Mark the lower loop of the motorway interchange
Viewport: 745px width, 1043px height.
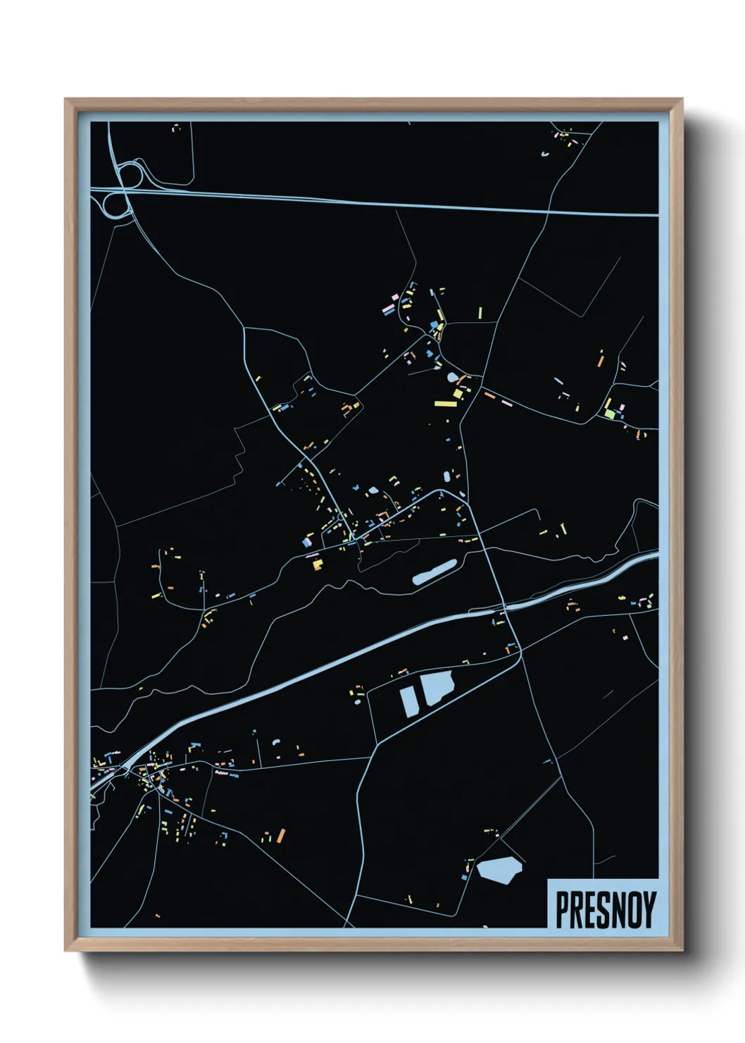click(113, 204)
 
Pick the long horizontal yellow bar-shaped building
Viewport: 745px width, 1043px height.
click(446, 404)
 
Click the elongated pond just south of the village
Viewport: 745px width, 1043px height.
click(434, 572)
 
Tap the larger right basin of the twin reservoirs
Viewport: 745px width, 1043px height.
click(437, 686)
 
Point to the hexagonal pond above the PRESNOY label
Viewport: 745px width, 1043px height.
click(499, 869)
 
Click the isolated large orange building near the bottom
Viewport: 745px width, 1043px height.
click(281, 836)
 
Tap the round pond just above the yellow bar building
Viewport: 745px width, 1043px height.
click(452, 378)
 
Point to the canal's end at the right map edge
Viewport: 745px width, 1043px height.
click(656, 556)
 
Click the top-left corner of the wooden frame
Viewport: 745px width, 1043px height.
click(66, 100)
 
